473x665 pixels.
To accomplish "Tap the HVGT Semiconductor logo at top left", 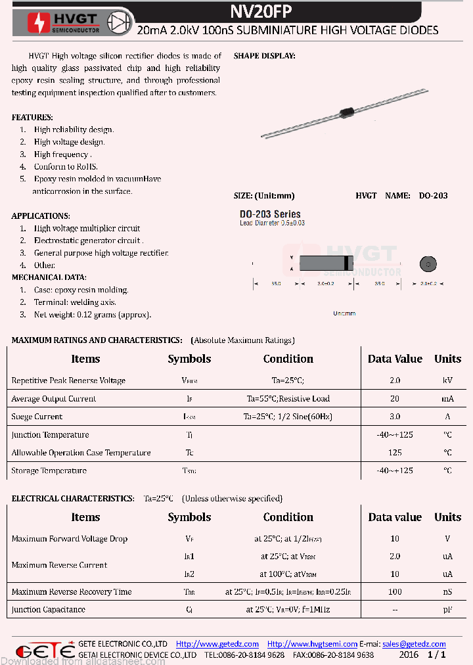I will pyautogui.click(x=64, y=22).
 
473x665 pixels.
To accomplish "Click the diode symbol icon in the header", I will pyautogui.click(x=120, y=20).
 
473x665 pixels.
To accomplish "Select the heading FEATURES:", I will pyautogui.click(x=32, y=117).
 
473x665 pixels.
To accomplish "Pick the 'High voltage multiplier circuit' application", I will pyautogui.click(x=87, y=229).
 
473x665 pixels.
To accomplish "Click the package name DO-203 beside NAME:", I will pyautogui.click(x=433, y=196).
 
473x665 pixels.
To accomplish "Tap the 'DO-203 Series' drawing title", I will pyautogui.click(x=270, y=214).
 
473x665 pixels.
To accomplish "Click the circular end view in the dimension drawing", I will pyautogui.click(x=428, y=264).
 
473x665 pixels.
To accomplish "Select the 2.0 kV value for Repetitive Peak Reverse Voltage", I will pyautogui.click(x=395, y=380).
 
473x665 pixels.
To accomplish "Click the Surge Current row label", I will pyautogui.click(x=37, y=417).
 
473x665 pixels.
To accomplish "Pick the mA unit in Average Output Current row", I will pyautogui.click(x=447, y=399).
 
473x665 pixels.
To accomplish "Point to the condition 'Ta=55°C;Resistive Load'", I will pyautogui.click(x=288, y=399).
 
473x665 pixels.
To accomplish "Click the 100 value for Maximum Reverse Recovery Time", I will pyautogui.click(x=395, y=592).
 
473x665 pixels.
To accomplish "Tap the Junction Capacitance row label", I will pyautogui.click(x=48, y=610).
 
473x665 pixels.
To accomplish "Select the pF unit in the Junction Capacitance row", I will pyautogui.click(x=447, y=610).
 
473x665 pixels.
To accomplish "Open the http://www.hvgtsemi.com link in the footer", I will pyautogui.click(x=312, y=644).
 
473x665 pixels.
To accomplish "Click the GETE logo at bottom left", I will pyautogui.click(x=45, y=651).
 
